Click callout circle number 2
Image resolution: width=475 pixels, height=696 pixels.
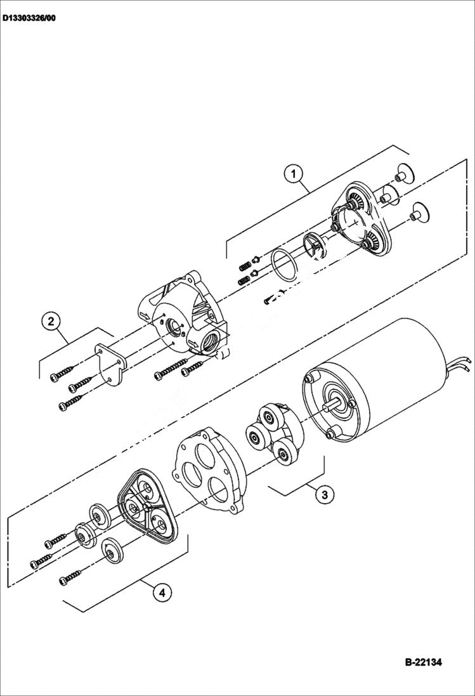(51, 321)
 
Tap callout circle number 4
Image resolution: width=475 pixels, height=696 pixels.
(162, 593)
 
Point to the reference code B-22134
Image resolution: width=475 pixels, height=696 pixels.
(423, 662)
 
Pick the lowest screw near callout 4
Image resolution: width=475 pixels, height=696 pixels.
(74, 579)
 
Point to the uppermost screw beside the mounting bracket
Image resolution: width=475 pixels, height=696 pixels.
(63, 374)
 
